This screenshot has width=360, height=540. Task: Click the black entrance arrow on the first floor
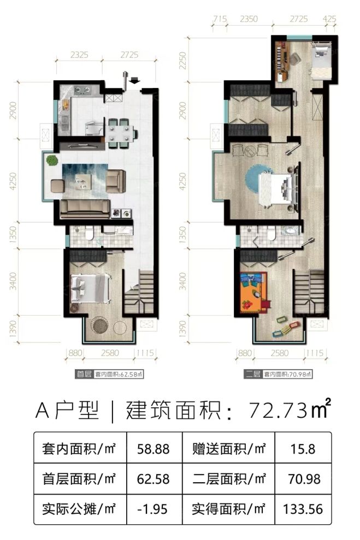click(135, 82)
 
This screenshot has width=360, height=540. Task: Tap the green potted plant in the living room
click(52, 161)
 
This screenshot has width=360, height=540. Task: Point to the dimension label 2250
click(183, 58)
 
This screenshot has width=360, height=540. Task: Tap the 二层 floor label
click(253, 375)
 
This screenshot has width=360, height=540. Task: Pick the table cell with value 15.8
click(303, 450)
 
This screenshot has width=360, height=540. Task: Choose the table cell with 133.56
click(303, 509)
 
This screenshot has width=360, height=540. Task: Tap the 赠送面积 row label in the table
click(229, 450)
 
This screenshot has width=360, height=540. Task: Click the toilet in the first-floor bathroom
click(88, 236)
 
